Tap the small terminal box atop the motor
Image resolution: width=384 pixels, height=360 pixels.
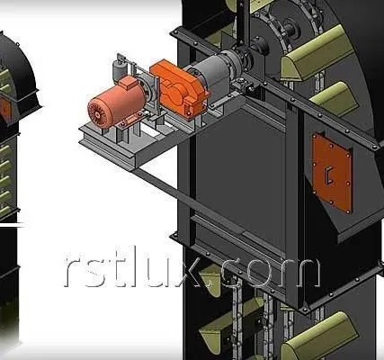128,83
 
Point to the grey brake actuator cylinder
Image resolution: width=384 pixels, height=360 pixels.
117,70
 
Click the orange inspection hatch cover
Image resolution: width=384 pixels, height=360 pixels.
332,173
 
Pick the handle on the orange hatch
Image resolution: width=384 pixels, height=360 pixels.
329,175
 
